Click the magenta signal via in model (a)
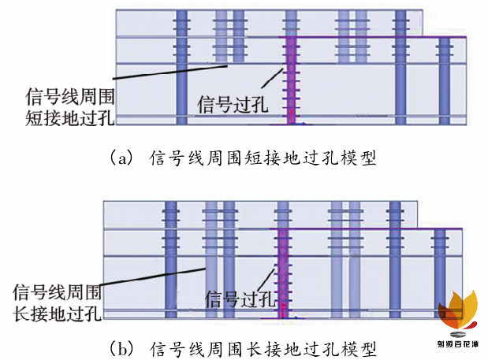[291, 79]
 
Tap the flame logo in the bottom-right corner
[461, 311]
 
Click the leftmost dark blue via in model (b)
[169, 260]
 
